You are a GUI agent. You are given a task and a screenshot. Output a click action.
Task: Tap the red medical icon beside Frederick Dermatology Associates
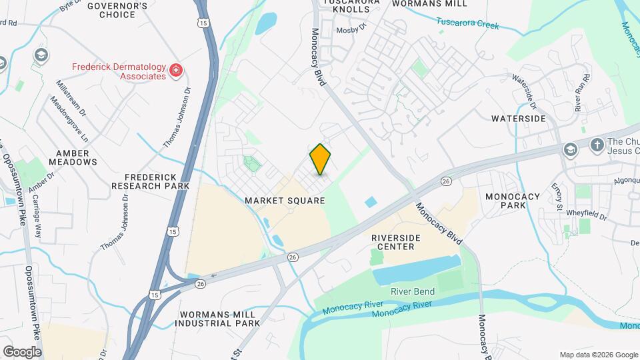click(176, 71)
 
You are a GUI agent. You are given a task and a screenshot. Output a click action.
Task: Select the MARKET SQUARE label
click(285, 200)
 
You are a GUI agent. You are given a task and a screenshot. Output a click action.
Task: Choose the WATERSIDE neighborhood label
click(519, 119)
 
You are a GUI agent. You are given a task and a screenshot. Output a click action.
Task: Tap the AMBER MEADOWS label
click(73, 157)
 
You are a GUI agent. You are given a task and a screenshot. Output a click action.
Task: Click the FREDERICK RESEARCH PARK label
click(150, 181)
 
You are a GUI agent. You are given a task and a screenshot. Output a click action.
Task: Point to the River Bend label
click(413, 291)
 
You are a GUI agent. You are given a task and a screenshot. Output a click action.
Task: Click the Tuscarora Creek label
click(467, 25)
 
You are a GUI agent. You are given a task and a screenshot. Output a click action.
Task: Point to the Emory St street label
click(557, 196)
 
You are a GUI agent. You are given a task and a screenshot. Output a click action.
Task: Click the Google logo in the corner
click(22, 351)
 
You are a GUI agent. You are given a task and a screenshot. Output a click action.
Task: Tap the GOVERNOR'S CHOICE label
click(117, 10)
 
